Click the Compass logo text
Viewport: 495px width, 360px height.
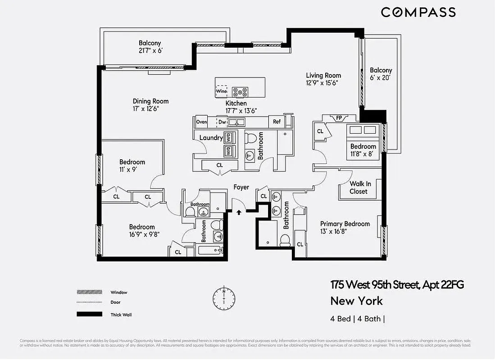pos(418,12)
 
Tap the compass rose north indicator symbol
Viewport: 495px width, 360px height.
pos(224,297)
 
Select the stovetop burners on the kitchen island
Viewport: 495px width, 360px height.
pos(240,92)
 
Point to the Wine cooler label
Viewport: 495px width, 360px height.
pos(221,91)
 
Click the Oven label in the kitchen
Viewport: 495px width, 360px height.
pos(201,121)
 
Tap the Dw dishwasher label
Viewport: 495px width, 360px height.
pos(222,121)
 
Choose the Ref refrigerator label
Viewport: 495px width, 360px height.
pos(277,121)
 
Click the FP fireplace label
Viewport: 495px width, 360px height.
pos(339,118)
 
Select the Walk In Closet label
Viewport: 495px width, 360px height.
pos(359,188)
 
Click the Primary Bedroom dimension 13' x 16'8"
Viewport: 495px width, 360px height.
pos(333,232)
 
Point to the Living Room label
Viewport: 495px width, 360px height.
pos(323,75)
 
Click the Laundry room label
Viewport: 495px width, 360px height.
pos(211,138)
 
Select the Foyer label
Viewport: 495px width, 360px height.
pos(241,187)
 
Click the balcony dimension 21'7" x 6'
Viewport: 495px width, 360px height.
pos(150,51)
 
